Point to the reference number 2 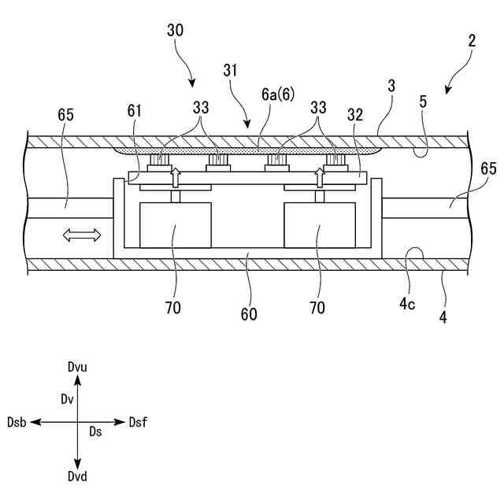(x=471, y=41)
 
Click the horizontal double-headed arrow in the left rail (x=83, y=234)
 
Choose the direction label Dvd (x=77, y=478)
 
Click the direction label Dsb (x=17, y=423)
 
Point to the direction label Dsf (x=138, y=423)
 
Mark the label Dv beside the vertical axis (x=67, y=399)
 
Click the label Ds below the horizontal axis (x=95, y=432)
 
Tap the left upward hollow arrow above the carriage (x=176, y=175)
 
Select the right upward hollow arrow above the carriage (x=320, y=175)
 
